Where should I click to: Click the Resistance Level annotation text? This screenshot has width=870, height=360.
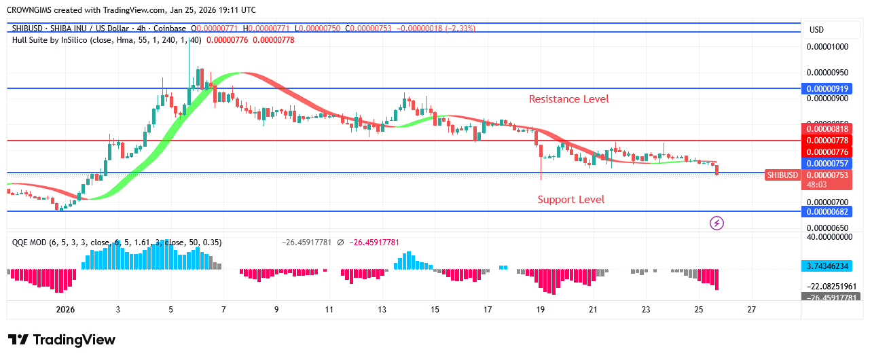[x=568, y=99]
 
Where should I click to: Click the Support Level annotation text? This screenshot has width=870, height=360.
[x=570, y=200]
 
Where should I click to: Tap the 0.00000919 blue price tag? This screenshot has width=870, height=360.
[x=825, y=89]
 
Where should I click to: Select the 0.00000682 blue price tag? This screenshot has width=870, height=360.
[x=825, y=212]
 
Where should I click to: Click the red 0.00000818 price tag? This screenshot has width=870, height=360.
[x=825, y=129]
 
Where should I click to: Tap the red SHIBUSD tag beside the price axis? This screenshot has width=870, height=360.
[x=782, y=175]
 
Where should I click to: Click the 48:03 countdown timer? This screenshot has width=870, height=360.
[x=818, y=185]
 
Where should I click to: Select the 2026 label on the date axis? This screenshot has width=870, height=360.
[x=66, y=310]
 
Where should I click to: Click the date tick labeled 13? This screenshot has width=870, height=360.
[x=382, y=310]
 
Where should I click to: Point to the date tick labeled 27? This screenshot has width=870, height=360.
[x=751, y=310]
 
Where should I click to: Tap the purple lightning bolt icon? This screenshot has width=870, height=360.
[x=716, y=223]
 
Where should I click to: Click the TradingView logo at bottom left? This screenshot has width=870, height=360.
[x=62, y=340]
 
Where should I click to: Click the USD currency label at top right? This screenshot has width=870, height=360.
[x=816, y=30]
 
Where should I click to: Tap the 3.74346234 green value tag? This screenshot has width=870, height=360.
[x=825, y=266]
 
